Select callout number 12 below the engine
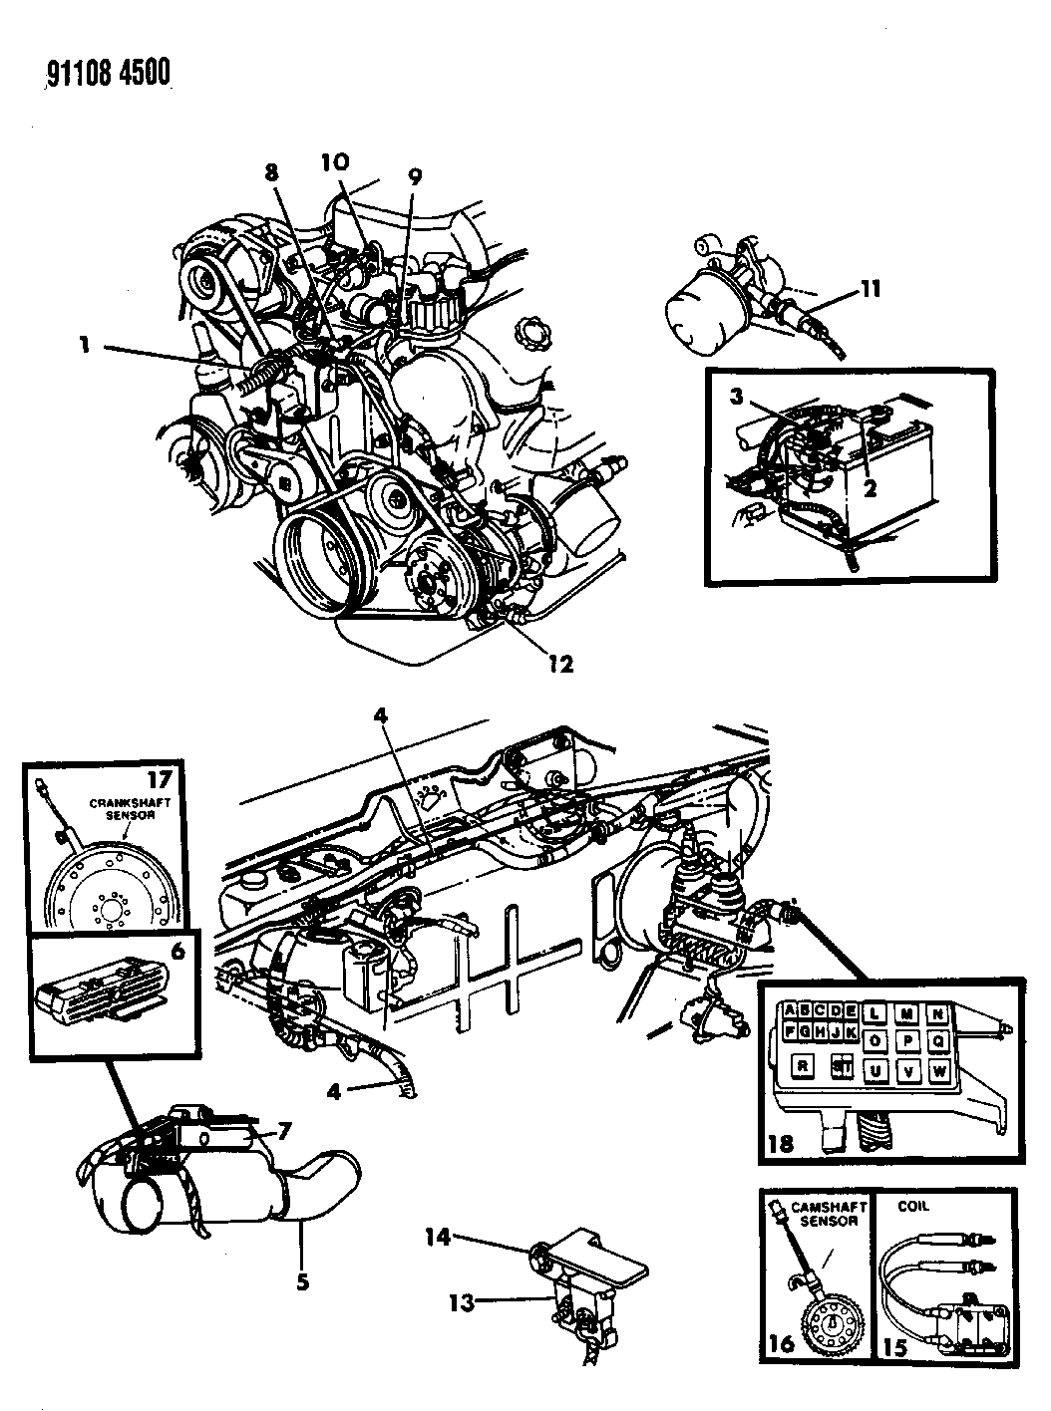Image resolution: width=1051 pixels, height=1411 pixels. click(560, 664)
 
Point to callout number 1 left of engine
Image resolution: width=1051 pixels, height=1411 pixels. click(84, 346)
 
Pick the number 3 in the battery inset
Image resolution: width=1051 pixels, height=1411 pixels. click(736, 397)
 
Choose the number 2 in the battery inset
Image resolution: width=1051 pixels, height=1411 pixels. click(870, 488)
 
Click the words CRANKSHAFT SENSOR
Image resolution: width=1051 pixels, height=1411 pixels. click(130, 808)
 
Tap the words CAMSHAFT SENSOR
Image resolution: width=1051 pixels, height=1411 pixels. click(828, 1214)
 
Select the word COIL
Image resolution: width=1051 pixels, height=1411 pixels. click(913, 1206)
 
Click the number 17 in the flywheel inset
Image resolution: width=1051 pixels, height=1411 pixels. click(160, 778)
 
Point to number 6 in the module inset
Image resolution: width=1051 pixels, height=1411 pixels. click(177, 951)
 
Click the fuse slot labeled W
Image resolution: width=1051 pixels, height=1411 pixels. click(939, 1071)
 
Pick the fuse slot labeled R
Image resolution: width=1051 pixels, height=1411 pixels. click(802, 1066)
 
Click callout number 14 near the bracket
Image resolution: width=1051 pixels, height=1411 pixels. click(438, 1238)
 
